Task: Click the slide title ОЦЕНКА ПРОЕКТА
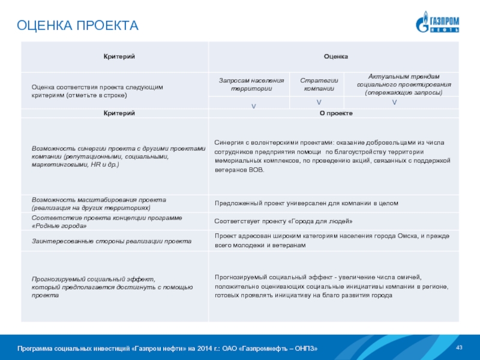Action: point(77,26)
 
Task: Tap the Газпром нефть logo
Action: point(437,23)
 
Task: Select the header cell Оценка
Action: point(335,56)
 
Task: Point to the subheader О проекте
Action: point(335,113)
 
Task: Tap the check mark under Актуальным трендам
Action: point(394,103)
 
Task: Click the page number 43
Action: point(460,349)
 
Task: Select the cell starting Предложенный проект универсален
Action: point(307,203)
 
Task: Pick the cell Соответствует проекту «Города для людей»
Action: point(280,221)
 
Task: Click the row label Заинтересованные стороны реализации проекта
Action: point(112,241)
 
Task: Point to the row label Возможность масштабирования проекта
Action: point(99,203)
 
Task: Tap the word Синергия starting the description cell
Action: point(229,143)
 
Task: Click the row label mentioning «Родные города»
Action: point(106,221)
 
